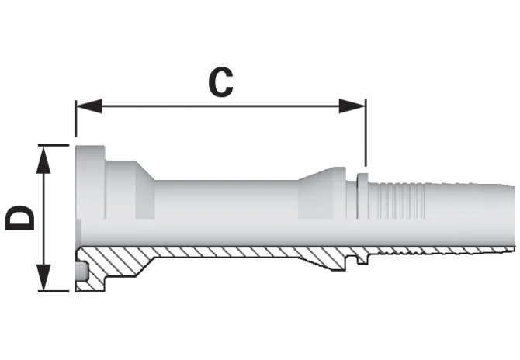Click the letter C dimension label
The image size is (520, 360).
pyautogui.click(x=220, y=82)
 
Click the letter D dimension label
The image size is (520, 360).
pyautogui.click(x=20, y=217)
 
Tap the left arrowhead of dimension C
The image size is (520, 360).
pyautogui.click(x=89, y=106)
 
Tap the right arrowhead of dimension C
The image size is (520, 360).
pyautogui.click(x=352, y=106)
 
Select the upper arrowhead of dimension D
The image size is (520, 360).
pyautogui.click(x=43, y=160)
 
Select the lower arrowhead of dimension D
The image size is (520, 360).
pyautogui.click(x=43, y=278)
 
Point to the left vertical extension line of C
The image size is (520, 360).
pyautogui.click(x=76, y=119)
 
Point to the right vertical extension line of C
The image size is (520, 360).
pyautogui.click(x=366, y=133)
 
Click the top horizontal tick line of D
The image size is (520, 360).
pyautogui.click(x=54, y=145)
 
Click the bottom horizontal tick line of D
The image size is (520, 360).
pyautogui.click(x=54, y=292)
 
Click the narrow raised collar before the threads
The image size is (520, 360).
pyautogui.click(x=362, y=196)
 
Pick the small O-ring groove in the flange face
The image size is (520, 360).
pyautogui.click(x=82, y=272)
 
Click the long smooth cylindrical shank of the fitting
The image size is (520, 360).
pyautogui.click(x=226, y=199)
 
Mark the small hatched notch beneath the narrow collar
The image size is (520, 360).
pyautogui.click(x=362, y=259)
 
